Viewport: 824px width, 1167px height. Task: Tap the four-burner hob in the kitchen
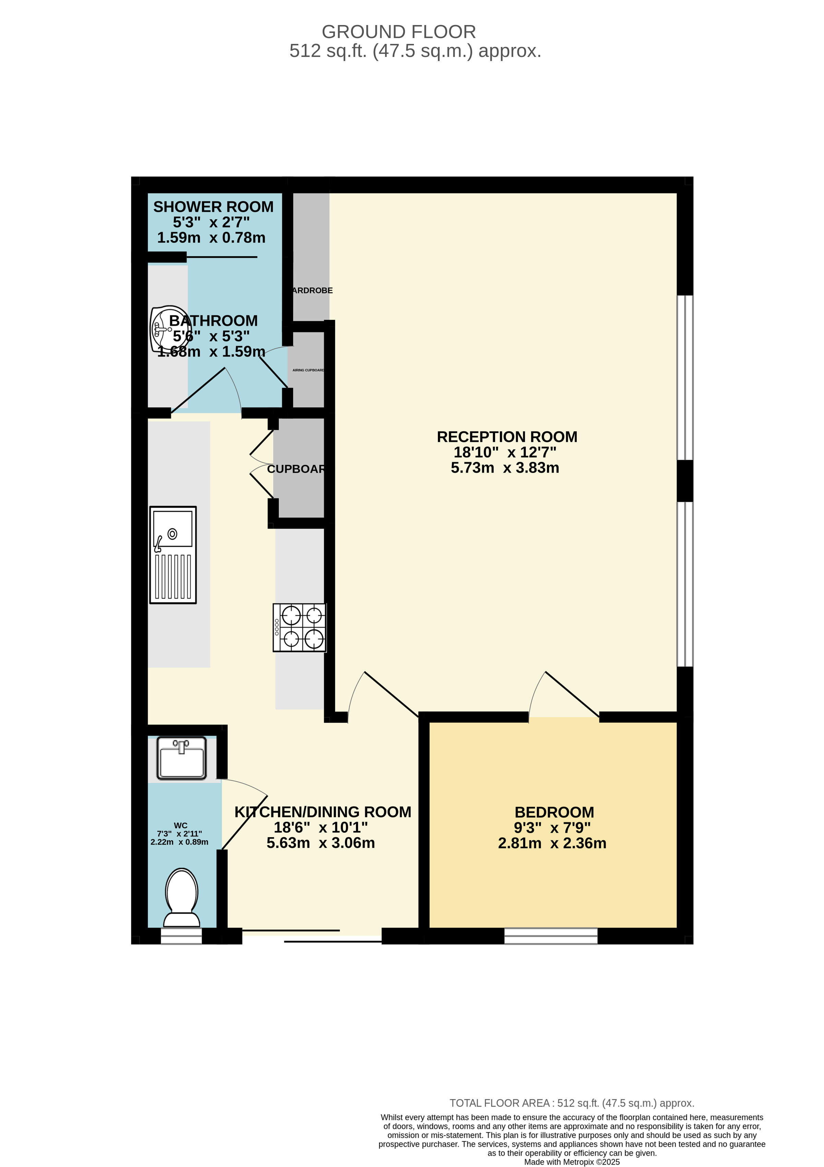pos(299,627)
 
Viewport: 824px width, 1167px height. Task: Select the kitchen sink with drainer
pos(173,554)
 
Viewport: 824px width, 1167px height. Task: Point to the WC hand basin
pos(181,758)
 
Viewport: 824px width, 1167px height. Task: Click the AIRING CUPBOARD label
pos(308,370)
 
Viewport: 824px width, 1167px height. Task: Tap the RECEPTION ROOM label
pos(507,437)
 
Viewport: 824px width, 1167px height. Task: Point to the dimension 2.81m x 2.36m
pos(552,843)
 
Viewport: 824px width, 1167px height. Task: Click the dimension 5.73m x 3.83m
pos(505,468)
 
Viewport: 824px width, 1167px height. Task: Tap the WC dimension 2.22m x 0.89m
pos(179,842)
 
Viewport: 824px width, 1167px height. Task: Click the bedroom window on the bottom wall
pos(550,936)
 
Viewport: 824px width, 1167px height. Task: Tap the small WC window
pos(181,936)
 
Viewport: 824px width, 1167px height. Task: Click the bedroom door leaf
pos(572,694)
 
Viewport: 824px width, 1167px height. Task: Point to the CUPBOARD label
pos(296,469)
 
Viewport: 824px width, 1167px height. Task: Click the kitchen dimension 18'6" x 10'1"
pos(321,828)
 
